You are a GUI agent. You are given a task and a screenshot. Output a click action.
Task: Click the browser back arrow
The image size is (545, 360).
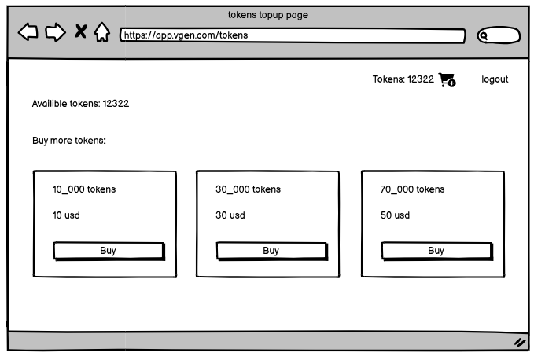(28, 32)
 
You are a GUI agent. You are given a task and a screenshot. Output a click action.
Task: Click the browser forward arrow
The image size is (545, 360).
(55, 32)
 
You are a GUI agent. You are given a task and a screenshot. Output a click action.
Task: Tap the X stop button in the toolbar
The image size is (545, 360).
(81, 31)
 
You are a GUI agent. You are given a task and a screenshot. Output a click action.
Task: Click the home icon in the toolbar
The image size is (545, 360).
(101, 32)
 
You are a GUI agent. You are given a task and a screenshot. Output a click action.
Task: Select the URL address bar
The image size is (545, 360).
(292, 35)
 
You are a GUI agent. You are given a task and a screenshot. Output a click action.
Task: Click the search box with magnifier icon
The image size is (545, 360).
(499, 35)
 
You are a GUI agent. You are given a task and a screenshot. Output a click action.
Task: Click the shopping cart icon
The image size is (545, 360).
(447, 79)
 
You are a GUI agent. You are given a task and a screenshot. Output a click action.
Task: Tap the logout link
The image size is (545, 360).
(495, 79)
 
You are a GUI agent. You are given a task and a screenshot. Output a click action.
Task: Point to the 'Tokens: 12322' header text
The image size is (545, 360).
(403, 79)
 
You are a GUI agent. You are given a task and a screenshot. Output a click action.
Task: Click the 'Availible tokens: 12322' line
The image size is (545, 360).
(80, 104)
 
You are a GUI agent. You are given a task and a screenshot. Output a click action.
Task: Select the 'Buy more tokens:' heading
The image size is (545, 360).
(68, 141)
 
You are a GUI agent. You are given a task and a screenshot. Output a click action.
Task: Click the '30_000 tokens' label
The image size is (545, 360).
(248, 189)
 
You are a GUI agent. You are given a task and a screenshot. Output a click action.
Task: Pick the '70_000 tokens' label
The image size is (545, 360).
(412, 189)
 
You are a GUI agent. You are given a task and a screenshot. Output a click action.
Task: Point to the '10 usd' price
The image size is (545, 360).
(66, 215)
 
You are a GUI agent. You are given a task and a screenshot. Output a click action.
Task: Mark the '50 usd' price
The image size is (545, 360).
(395, 215)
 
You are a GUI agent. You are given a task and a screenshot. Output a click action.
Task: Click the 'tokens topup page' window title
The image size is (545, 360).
(268, 15)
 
